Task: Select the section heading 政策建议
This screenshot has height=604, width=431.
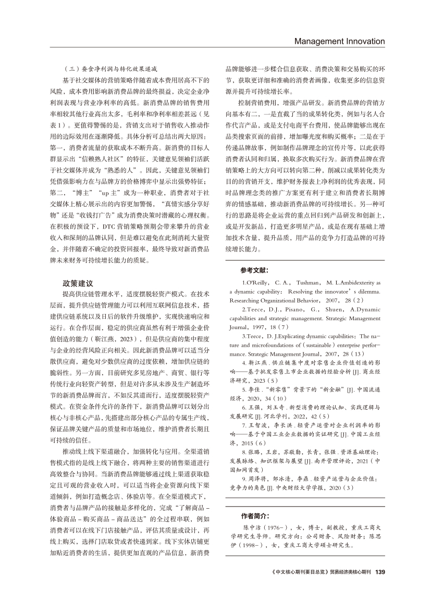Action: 78,283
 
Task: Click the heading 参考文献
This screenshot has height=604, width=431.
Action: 255,270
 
